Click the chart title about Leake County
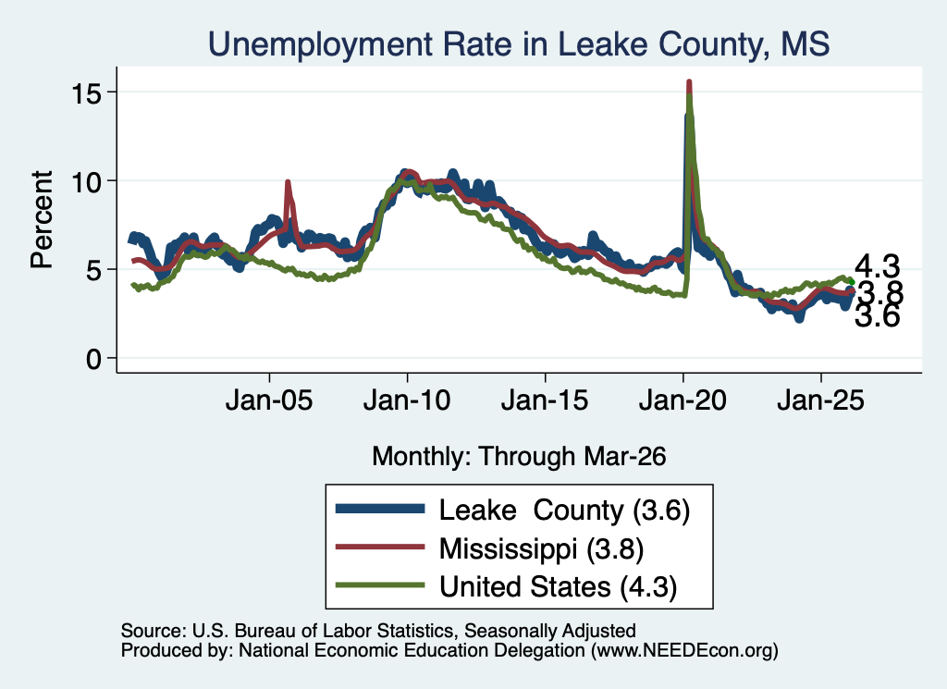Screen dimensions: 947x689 click(518, 44)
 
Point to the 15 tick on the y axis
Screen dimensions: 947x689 click(85, 92)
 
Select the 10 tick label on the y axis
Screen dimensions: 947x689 click(85, 181)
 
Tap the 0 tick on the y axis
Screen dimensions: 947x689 click(93, 359)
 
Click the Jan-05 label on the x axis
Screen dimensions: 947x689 click(269, 400)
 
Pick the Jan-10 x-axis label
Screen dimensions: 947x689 click(407, 400)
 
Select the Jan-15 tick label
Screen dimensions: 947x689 click(545, 400)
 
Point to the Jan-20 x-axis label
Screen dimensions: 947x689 click(683, 400)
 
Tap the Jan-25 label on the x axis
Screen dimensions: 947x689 click(821, 400)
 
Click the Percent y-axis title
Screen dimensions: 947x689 click(42, 219)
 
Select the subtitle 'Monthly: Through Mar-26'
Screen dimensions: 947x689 click(519, 457)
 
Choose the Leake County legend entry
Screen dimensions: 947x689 click(512, 511)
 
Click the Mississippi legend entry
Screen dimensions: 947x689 click(490, 548)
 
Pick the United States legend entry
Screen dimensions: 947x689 click(506, 586)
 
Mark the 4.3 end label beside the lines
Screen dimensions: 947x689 click(878, 266)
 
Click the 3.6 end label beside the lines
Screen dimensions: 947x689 click(878, 315)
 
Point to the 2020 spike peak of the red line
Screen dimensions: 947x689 click(689, 82)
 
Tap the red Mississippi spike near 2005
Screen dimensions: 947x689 click(288, 182)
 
